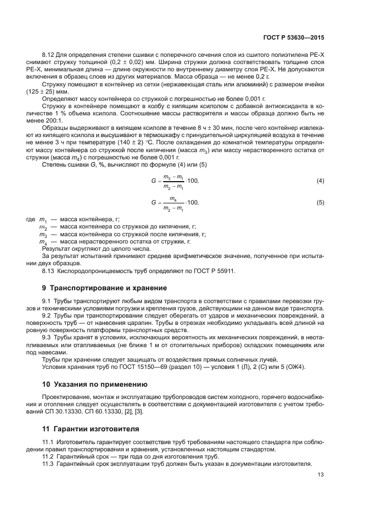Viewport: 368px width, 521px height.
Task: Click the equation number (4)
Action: pyautogui.click(x=320, y=181)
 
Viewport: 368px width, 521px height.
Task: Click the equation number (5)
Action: pyautogui.click(x=320, y=203)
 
